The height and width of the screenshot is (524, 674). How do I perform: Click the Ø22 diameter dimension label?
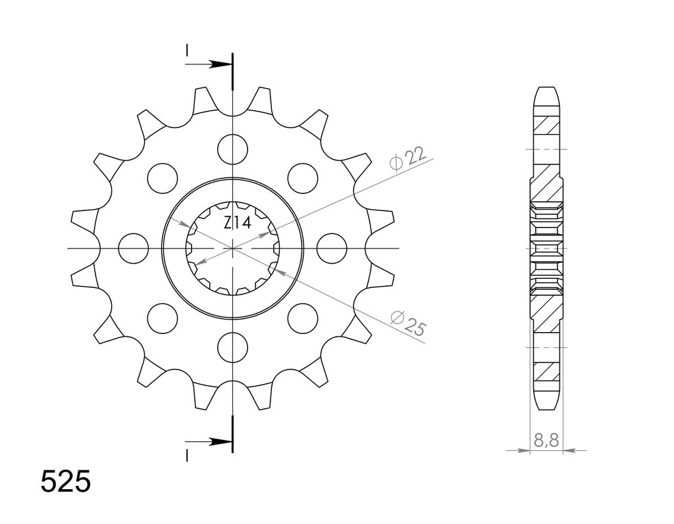(x=407, y=159)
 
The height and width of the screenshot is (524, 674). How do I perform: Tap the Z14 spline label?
(x=237, y=224)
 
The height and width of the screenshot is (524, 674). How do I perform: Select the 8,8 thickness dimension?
(x=546, y=440)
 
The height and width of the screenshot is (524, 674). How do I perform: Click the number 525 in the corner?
(x=66, y=482)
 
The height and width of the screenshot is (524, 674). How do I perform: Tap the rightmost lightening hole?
(x=332, y=249)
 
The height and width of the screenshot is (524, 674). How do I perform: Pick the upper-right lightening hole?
(x=303, y=178)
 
